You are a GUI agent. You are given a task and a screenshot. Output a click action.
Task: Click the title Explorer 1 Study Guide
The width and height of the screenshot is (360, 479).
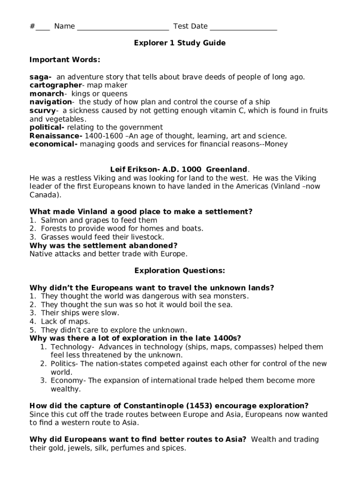point(180,43)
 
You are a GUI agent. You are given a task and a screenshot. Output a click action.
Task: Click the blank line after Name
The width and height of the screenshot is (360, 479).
point(122,27)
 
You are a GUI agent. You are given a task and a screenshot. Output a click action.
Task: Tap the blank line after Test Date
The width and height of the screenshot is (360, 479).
point(243,27)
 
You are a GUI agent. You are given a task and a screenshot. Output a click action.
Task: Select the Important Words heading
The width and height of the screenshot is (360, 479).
point(65,60)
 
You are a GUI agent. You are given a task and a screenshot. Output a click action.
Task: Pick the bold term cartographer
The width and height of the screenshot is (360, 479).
point(55,85)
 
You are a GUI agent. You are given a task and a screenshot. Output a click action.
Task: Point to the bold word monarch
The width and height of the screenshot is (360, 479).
point(46,94)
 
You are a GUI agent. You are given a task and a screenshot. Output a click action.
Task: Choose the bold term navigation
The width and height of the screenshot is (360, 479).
point(50,102)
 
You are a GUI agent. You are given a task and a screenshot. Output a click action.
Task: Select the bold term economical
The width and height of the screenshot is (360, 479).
point(52,144)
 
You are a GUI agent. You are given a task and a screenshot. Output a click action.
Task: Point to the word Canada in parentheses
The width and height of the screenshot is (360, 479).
point(44,195)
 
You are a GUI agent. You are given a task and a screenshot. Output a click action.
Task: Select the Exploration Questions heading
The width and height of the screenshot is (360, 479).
point(180,270)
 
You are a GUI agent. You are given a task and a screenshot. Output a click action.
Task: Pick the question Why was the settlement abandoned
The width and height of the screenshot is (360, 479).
point(103,245)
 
